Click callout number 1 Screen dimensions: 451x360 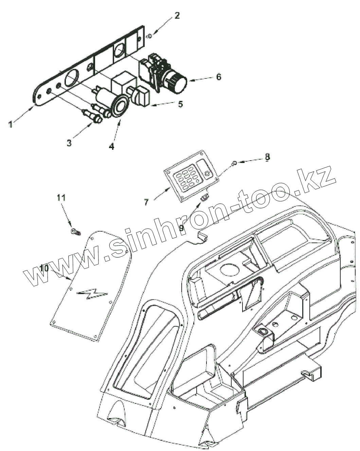(11, 124)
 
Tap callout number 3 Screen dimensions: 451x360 (69, 143)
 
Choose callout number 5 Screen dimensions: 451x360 (180, 104)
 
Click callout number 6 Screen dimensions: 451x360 (218, 77)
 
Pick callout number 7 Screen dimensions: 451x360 (146, 202)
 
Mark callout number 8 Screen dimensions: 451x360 (267, 157)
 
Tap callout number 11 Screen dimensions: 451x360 (61, 197)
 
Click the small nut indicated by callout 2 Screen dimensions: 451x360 (149, 36)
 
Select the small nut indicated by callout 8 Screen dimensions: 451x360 (234, 164)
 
